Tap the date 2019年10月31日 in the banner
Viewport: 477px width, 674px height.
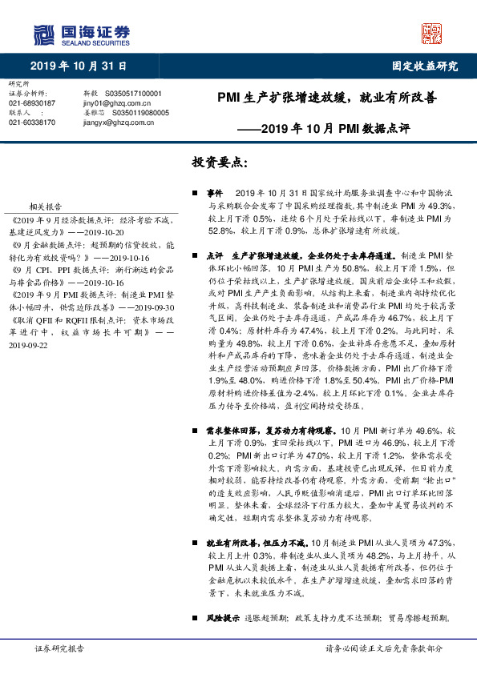(79, 66)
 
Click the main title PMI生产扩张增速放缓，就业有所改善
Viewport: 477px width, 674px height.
(328, 99)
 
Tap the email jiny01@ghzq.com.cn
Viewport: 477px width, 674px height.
(117, 103)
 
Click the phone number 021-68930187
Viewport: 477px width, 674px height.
(32, 103)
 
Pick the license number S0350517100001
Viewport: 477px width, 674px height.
(131, 94)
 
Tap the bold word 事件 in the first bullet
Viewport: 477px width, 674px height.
(214, 195)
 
